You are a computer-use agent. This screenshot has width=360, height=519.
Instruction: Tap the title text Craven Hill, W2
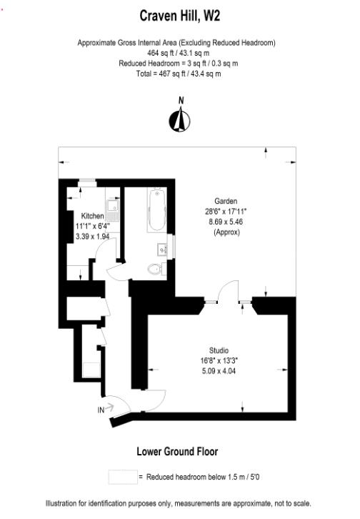pyautogui.click(x=180, y=14)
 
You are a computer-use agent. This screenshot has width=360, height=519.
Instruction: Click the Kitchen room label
pyautogui.click(x=93, y=216)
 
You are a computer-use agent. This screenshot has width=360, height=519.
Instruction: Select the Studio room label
pyautogui.click(x=219, y=351)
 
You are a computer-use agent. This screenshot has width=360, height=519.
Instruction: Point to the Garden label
pyautogui.click(x=226, y=201)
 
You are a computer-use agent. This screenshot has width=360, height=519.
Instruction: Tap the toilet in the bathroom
pyautogui.click(x=155, y=270)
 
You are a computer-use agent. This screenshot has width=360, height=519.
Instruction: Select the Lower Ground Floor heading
pyautogui.click(x=177, y=451)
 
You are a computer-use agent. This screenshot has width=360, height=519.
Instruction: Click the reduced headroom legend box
pyautogui.click(x=121, y=476)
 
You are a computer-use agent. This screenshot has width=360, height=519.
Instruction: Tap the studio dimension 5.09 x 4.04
pyautogui.click(x=219, y=372)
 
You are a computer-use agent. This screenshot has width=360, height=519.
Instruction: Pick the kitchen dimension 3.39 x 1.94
pyautogui.click(x=93, y=237)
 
